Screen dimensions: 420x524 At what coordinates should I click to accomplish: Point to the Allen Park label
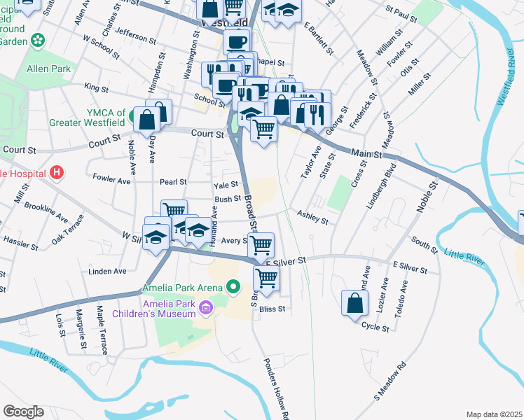(48, 69)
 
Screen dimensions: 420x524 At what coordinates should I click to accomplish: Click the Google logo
(23, 411)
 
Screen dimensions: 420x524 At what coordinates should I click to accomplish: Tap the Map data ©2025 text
(494, 414)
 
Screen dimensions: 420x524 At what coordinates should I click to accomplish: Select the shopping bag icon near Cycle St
(354, 302)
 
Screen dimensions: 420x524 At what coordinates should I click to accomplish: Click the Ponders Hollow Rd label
(276, 389)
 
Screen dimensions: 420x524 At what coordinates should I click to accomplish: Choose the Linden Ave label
(107, 271)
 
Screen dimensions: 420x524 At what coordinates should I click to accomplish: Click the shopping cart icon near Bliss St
(266, 278)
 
